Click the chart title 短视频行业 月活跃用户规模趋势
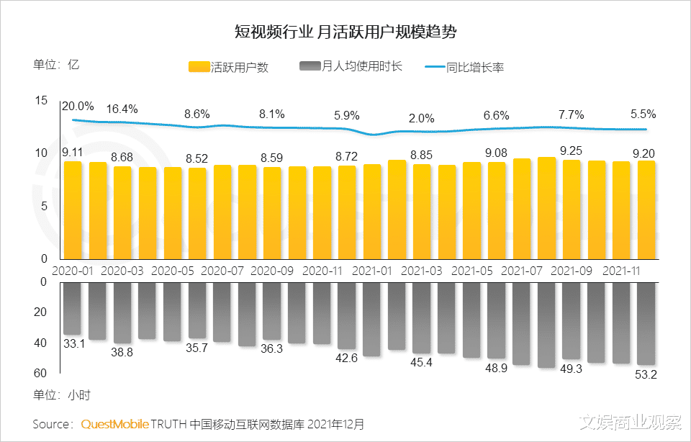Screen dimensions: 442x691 click(x=345, y=32)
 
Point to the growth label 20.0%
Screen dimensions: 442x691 click(x=77, y=107)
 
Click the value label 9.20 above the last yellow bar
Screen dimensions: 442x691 click(x=643, y=152)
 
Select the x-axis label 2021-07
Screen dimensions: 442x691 click(x=520, y=271)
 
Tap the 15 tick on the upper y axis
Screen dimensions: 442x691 click(x=40, y=101)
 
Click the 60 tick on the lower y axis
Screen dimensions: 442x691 click(x=40, y=373)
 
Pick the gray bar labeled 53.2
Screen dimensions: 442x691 click(x=646, y=323)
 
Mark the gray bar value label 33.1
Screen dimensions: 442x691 click(x=73, y=344)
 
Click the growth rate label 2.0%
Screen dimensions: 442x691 click(x=421, y=118)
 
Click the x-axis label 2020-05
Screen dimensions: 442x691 click(x=173, y=271)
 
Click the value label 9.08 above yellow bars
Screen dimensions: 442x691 click(x=495, y=152)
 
